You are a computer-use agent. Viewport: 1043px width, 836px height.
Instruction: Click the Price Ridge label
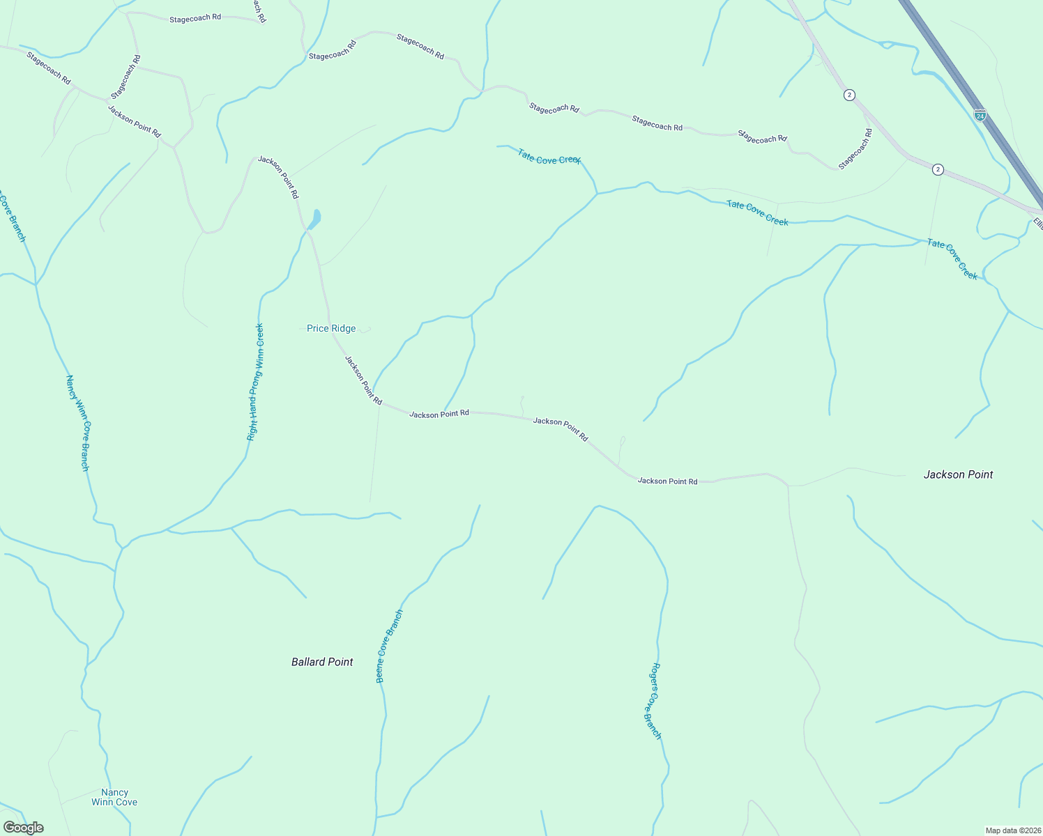[x=331, y=328]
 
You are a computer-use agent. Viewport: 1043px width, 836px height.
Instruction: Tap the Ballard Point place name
[x=322, y=662]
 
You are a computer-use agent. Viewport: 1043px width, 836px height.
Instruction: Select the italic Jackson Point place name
[x=958, y=474]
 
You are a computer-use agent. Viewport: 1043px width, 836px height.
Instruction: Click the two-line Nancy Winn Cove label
[x=114, y=797]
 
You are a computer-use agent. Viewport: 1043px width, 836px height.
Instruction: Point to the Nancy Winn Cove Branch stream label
[x=77, y=422]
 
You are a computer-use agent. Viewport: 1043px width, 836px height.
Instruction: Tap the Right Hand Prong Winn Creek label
[x=255, y=382]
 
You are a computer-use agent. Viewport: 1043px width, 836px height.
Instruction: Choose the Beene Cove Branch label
[x=389, y=647]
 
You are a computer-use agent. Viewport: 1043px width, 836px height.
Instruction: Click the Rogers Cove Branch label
[x=651, y=700]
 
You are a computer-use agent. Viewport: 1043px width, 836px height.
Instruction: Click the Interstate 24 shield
[x=980, y=115]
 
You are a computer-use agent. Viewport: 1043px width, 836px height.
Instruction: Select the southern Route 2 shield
[x=938, y=169]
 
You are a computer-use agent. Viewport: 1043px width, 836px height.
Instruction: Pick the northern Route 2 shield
[x=849, y=95]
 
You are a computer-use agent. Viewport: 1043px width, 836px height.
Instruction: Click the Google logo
[x=24, y=828]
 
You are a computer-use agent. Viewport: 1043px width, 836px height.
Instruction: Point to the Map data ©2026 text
[x=1012, y=830]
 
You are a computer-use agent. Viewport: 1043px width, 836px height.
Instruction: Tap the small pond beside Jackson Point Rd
[x=316, y=219]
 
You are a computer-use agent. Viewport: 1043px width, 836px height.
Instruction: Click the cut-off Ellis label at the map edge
[x=1037, y=224]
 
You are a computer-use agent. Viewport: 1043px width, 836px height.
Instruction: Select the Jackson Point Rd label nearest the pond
[x=278, y=177]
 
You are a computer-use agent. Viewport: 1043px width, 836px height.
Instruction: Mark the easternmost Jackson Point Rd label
[x=667, y=481]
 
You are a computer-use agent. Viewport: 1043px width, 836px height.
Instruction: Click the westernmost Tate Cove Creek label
[x=549, y=159]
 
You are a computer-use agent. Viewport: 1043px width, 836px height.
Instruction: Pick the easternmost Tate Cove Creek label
[x=952, y=258]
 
